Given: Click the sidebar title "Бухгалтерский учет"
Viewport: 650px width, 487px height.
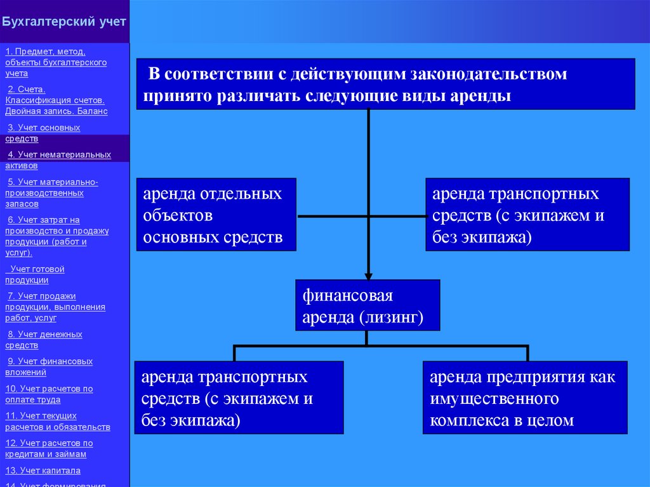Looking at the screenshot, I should [x=64, y=22].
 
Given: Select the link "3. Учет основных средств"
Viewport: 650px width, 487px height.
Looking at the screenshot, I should [x=43, y=133].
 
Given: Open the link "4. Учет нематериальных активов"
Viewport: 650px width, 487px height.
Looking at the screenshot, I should [x=58, y=160].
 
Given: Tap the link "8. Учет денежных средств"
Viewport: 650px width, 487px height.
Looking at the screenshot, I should [x=44, y=340].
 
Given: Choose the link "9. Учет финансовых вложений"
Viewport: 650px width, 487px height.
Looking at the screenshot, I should [x=50, y=366].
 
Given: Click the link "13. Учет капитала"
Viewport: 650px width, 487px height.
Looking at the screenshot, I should [x=43, y=470].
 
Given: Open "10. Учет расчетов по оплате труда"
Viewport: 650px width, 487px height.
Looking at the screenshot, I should [x=49, y=394].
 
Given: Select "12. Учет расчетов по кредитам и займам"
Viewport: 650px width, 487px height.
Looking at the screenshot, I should [x=49, y=448].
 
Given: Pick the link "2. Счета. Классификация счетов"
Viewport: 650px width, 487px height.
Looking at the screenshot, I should [x=56, y=100].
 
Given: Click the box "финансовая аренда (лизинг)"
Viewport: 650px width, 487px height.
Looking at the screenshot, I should [x=367, y=305].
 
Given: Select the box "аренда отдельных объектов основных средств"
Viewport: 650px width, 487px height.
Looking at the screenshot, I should [x=216, y=215].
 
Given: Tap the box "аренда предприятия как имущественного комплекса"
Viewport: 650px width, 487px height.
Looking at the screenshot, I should [x=524, y=398].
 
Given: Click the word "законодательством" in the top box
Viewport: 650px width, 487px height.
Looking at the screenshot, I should [x=488, y=74].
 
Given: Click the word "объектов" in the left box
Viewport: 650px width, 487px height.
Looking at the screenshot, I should [x=178, y=216].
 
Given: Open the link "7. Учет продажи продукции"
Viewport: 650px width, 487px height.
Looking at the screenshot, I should [x=56, y=306].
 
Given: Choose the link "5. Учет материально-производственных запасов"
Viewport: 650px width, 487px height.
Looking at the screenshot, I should [x=52, y=193].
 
